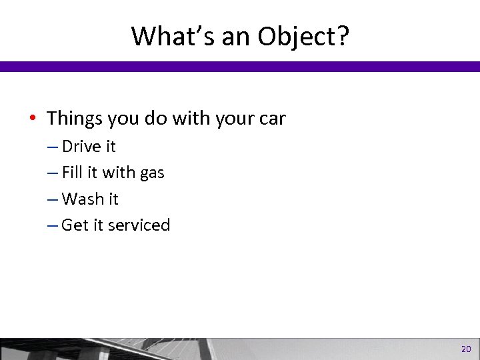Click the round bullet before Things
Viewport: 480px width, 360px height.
click(x=35, y=119)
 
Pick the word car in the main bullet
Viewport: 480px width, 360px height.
click(x=272, y=120)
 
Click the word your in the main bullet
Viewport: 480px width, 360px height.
click(x=230, y=120)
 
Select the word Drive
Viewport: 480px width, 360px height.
click(x=80, y=147)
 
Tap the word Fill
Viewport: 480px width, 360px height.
click(x=71, y=173)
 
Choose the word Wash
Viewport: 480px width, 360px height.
click(x=81, y=199)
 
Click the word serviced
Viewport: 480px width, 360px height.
click(x=138, y=225)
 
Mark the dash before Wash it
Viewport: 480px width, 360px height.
click(x=53, y=199)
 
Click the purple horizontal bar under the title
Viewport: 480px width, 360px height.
click(x=240, y=66)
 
